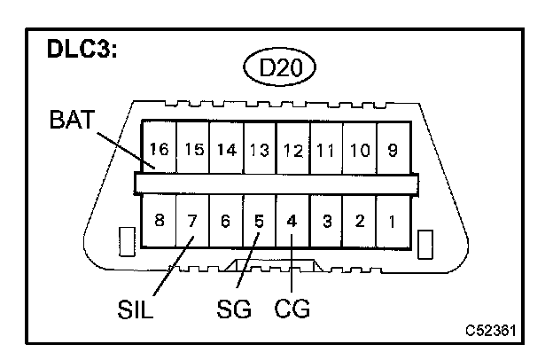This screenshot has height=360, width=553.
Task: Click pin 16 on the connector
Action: point(160,150)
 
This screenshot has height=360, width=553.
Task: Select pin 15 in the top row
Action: point(193,150)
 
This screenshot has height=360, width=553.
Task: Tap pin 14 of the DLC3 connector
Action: point(226,150)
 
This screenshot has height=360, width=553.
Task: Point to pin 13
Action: point(259,150)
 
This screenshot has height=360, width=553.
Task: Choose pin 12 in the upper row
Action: point(292,150)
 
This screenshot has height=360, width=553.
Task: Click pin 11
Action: point(325,150)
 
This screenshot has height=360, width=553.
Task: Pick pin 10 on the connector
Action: point(359,150)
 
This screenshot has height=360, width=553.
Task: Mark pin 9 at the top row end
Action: point(392,150)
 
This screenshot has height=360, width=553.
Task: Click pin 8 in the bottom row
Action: point(160,220)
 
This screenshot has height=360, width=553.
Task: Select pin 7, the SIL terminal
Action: point(193,220)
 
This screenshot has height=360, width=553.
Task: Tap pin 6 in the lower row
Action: point(226,220)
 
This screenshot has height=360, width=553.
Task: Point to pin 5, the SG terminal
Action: point(259,220)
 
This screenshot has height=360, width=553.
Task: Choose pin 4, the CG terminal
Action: point(292,220)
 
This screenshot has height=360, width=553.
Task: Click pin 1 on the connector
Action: point(392,220)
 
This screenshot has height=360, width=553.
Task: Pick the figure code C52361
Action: point(490,331)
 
